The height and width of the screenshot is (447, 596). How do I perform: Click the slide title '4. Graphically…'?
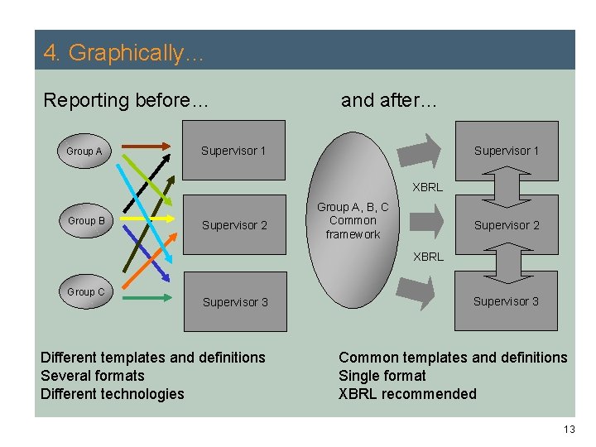click(x=124, y=53)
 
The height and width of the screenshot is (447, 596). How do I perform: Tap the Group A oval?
click(x=84, y=151)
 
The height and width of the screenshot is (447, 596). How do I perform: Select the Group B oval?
click(x=86, y=221)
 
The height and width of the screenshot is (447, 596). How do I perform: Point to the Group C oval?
click(x=86, y=292)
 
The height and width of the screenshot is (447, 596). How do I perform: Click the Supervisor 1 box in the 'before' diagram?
click(x=233, y=151)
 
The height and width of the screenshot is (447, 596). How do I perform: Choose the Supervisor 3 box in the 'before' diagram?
click(x=235, y=302)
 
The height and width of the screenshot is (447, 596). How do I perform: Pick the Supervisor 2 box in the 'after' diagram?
click(x=506, y=225)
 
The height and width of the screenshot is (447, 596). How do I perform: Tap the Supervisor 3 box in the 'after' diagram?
click(x=506, y=301)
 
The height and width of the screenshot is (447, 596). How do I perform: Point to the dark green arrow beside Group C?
click(x=149, y=296)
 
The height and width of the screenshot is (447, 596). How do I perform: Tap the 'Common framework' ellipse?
click(x=353, y=221)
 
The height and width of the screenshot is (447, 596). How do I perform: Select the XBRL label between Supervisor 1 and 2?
click(x=428, y=187)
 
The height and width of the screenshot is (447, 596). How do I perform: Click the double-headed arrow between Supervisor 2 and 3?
click(x=505, y=262)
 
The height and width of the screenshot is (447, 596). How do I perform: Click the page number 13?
click(x=568, y=429)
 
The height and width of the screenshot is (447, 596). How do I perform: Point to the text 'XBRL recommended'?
click(x=407, y=394)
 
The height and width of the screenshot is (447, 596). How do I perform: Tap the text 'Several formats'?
click(x=92, y=376)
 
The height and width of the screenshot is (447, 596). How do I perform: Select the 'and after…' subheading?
click(x=388, y=101)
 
